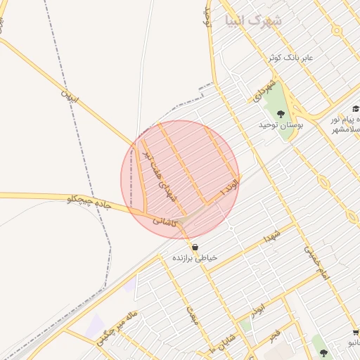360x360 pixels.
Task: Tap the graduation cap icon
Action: coord(355,109)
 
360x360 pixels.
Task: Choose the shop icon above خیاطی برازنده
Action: coord(195,247)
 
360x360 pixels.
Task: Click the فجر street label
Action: coord(274,333)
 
